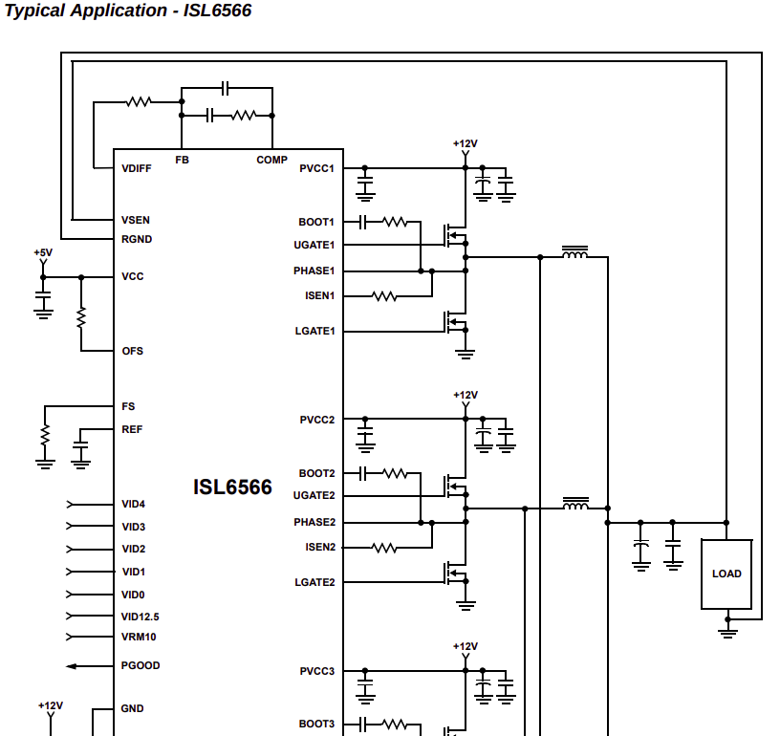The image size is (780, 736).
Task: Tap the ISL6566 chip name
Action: pos(232,487)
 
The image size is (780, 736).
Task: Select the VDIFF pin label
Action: pos(137,168)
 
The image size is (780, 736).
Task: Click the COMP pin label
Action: pos(271,160)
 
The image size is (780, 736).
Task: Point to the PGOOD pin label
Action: pos(141,665)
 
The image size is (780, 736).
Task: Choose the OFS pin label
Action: pos(132,351)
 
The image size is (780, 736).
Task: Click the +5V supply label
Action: pos(43,252)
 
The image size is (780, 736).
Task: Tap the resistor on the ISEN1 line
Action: pos(384,296)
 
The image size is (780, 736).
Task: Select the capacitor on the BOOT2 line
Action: pos(362,473)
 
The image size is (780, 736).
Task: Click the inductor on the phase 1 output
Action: pos(574,253)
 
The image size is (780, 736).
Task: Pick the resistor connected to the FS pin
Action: pos(45,436)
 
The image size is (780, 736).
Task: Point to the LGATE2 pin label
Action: pos(314,582)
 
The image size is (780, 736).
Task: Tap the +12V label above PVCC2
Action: pos(466,395)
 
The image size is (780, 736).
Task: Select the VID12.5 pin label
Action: pos(141,617)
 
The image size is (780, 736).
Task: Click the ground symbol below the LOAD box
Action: pos(727,632)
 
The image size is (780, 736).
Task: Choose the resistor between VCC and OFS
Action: pos(81,317)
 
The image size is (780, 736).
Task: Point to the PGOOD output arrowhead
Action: pos(71,666)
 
